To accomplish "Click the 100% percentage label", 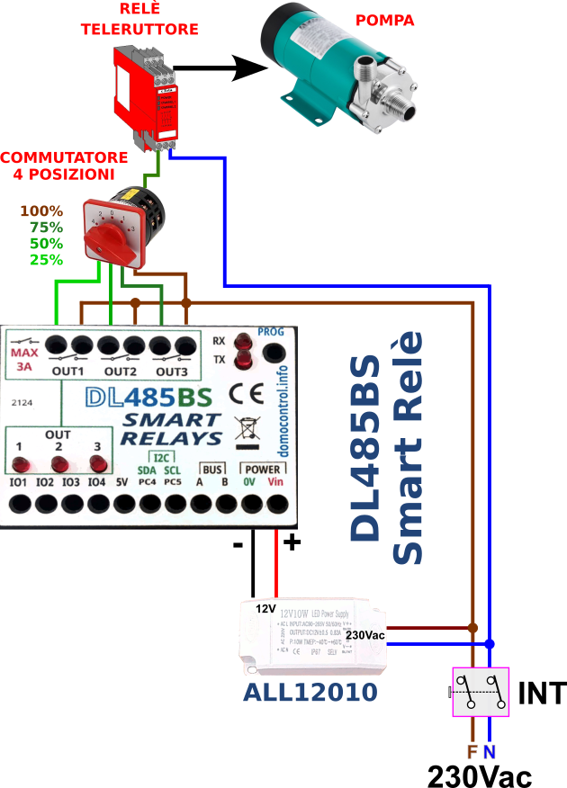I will click(41, 211).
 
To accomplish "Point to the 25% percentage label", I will click(46, 260).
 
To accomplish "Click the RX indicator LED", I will click(242, 343).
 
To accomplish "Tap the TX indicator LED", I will click(242, 361).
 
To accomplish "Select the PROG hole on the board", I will click(271, 350).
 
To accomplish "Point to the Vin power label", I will click(274, 483).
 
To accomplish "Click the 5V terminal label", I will click(122, 483).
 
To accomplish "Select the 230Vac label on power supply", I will click(364, 636).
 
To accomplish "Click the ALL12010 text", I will click(310, 692).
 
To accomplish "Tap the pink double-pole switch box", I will click(480, 692).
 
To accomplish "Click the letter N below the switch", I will click(489, 752).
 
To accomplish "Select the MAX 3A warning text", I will click(24, 360).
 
